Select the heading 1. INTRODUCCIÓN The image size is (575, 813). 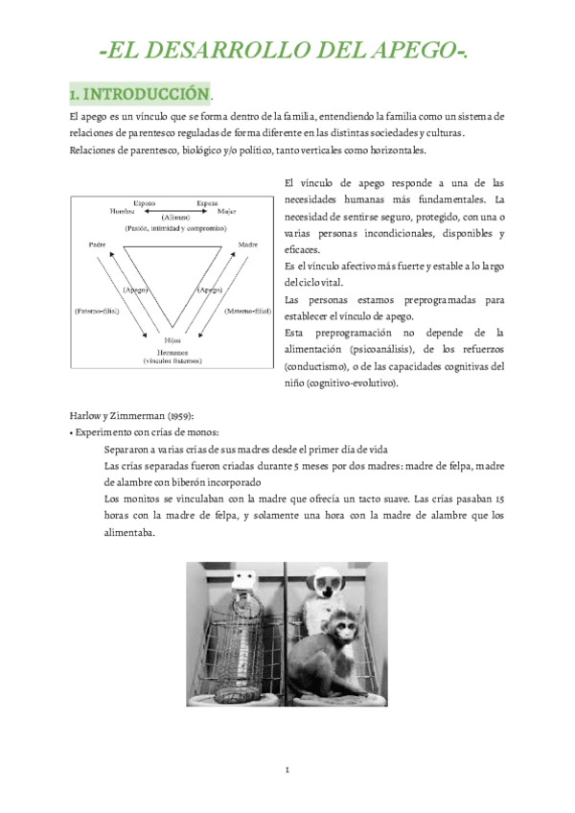point(139,94)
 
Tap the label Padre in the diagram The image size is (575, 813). point(97,244)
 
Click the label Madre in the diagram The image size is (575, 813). point(248,244)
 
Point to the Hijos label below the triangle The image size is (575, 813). point(172,340)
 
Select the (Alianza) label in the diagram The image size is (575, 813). point(174,218)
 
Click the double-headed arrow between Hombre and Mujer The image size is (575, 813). point(173,210)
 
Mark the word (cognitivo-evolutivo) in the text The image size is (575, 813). point(351,383)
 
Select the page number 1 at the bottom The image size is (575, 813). point(287,770)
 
